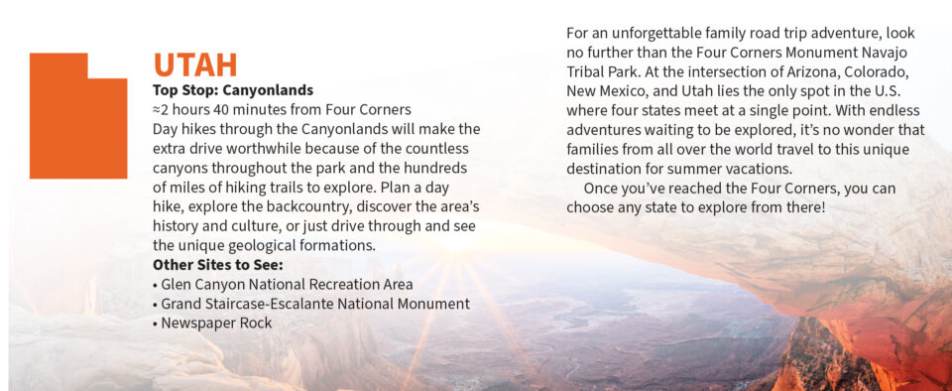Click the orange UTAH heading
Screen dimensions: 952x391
[195, 65]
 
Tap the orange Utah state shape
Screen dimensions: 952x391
[78, 116]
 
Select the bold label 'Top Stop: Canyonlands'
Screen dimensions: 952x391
[233, 90]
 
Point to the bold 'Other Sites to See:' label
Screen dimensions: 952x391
[218, 265]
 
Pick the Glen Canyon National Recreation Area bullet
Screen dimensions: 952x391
[283, 284]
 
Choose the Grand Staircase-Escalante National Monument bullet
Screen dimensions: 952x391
[311, 304]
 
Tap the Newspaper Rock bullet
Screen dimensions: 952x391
[212, 323]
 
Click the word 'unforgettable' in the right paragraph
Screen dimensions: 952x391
[654, 33]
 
